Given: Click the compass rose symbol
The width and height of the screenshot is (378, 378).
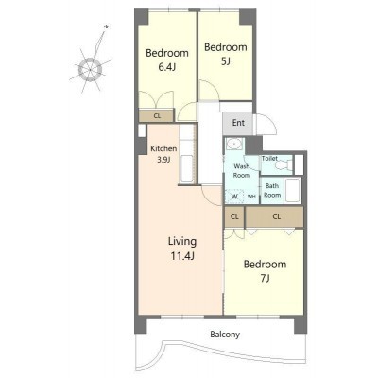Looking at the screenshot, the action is point(90,68).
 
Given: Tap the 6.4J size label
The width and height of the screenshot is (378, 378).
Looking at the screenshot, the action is point(167,67).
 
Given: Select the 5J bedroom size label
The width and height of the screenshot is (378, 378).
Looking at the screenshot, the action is point(226,61).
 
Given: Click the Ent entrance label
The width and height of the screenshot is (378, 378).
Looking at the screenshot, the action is point(238,123).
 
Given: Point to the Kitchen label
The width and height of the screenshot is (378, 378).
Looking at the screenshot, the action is point(163,148).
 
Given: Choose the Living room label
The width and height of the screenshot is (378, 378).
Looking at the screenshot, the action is point(182,242).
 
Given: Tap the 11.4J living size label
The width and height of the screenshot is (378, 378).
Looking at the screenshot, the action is point(182,256).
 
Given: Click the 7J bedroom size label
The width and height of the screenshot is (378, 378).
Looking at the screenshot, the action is point(266,278).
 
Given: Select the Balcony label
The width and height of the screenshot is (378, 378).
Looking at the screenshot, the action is point(225,335).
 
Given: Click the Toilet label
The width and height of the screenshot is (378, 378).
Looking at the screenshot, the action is point(269,158).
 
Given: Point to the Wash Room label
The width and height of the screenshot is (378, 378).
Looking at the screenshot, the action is point(242,171).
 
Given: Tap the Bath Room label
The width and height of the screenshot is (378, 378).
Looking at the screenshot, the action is point(272,190).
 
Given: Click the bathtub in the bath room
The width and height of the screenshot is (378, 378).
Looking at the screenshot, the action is point(293,190).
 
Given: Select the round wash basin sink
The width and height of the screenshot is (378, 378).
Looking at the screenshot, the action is point(234,144).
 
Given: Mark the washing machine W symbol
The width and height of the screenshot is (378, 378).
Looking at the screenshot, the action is point(234,197).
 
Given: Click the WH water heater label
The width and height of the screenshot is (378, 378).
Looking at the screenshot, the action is point(251,197).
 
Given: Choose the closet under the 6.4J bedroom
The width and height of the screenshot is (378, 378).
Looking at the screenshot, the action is point(157,115).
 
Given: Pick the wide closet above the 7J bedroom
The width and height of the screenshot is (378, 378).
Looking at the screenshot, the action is point(274,216).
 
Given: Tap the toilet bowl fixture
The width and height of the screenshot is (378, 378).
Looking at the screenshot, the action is point(286,164).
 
